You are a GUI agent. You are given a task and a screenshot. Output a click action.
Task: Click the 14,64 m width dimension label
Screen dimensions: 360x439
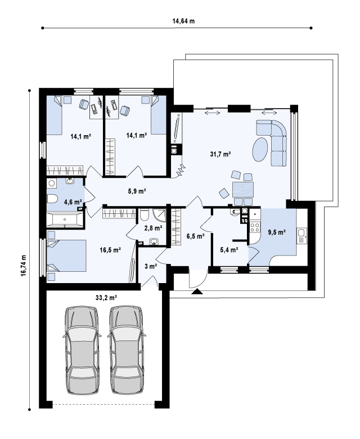(183, 21)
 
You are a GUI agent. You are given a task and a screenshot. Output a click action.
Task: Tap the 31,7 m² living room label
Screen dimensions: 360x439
(220, 154)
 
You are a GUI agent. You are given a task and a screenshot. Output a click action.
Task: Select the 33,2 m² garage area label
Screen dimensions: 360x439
(106, 298)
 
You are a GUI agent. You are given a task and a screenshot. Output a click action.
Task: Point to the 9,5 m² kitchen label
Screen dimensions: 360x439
(277, 232)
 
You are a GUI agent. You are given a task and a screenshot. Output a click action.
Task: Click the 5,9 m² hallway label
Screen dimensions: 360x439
(137, 191)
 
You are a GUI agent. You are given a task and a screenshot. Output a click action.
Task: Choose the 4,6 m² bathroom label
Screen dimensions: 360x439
(73, 201)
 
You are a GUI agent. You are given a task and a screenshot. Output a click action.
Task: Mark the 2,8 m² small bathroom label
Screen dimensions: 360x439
(154, 228)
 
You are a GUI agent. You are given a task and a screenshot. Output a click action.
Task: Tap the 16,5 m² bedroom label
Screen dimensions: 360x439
(110, 250)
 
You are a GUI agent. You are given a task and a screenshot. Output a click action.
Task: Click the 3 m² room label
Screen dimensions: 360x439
(151, 266)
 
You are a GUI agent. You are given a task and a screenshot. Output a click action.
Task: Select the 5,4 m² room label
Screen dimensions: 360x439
(229, 250)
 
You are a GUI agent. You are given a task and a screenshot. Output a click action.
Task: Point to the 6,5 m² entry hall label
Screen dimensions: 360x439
(196, 236)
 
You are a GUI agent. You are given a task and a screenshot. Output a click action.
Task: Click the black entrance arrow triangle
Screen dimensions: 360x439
(197, 292)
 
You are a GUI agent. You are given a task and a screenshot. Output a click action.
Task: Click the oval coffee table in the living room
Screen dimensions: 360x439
(260, 149)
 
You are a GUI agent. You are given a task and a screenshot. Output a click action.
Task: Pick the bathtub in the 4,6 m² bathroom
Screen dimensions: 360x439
(65, 219)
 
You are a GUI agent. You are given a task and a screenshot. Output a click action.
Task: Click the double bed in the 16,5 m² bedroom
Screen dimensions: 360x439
(66, 256)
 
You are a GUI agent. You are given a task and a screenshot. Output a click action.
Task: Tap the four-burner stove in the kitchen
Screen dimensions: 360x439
(255, 227)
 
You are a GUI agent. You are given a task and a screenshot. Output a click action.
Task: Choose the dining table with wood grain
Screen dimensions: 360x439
(243, 190)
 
